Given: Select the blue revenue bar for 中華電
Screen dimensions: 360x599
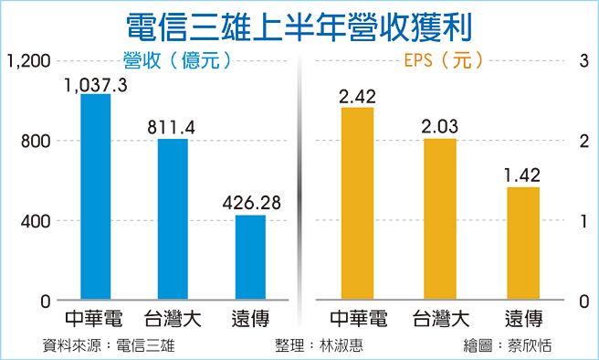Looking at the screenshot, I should tap(95, 197).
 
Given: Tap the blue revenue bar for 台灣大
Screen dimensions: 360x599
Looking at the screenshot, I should tap(173, 219).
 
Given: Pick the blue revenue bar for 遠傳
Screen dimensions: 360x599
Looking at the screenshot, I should tap(250, 258).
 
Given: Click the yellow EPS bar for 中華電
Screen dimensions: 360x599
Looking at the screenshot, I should tap(357, 204).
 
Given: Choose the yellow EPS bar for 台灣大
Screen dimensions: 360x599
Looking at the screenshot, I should tap(440, 219).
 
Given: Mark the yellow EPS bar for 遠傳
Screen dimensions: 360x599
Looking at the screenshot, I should tap(523, 243).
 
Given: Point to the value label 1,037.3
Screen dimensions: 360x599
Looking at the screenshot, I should tap(95, 84).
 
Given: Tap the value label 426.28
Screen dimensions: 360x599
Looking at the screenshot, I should tap(250, 203).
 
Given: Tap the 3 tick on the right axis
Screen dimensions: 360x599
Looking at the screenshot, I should tap(581, 61).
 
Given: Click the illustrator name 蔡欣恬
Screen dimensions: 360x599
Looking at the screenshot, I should tap(531, 345).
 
